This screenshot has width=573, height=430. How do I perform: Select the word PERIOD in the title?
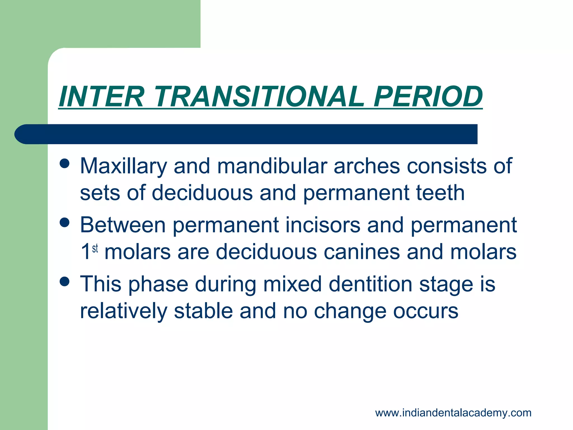coord(428,97)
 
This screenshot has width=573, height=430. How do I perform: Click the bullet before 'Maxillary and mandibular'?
coord(65,163)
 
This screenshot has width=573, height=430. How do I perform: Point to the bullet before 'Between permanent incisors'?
coord(65,223)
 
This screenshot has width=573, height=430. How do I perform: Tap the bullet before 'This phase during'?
coord(65,282)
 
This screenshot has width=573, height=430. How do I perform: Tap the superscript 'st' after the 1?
coord(95,248)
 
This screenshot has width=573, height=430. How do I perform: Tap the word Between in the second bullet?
coord(123,225)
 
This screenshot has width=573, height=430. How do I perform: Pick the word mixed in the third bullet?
coord(292,284)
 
